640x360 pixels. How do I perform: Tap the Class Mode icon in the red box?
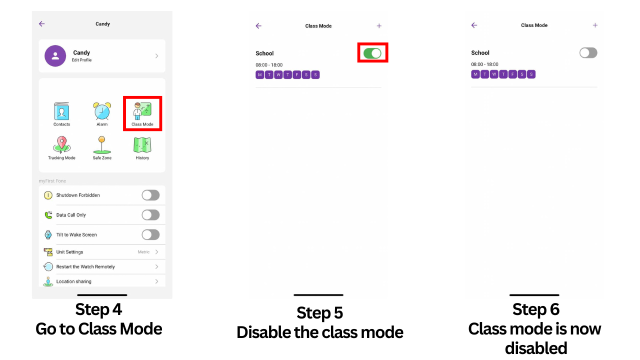click(x=142, y=111)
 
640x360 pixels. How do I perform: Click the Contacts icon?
click(x=61, y=111)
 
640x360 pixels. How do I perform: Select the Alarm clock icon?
click(x=102, y=111)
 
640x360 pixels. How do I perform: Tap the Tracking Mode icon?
click(x=61, y=145)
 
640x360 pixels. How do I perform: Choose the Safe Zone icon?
click(x=102, y=145)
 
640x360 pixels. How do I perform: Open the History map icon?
click(x=142, y=145)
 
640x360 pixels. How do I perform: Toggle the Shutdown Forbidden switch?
click(x=150, y=195)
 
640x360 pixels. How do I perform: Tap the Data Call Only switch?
click(x=150, y=215)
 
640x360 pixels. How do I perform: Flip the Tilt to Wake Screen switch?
click(x=150, y=234)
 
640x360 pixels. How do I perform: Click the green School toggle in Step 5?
click(x=372, y=53)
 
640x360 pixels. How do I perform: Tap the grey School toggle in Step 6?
click(x=588, y=53)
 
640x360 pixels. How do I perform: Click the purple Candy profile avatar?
click(x=55, y=55)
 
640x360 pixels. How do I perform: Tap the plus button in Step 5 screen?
click(x=379, y=26)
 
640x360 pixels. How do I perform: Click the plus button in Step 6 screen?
click(x=595, y=25)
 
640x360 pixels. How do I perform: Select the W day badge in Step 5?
click(x=278, y=75)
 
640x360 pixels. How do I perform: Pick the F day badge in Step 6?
click(x=512, y=74)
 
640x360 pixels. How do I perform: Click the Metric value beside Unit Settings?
click(x=143, y=252)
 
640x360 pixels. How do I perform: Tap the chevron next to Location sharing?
click(x=156, y=281)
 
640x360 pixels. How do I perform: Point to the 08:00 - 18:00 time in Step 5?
click(x=269, y=65)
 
